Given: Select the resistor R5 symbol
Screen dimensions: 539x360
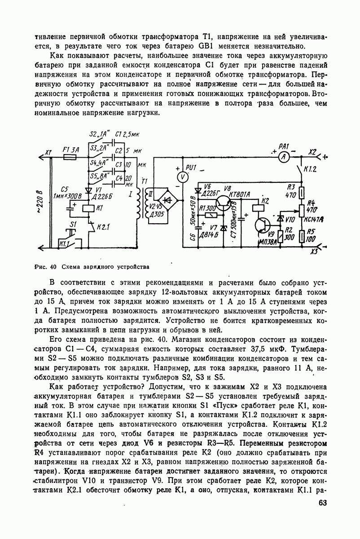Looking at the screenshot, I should point(302,236).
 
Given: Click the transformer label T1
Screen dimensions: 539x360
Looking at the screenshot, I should point(144,181).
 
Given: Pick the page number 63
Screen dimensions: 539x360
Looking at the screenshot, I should point(322,503).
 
